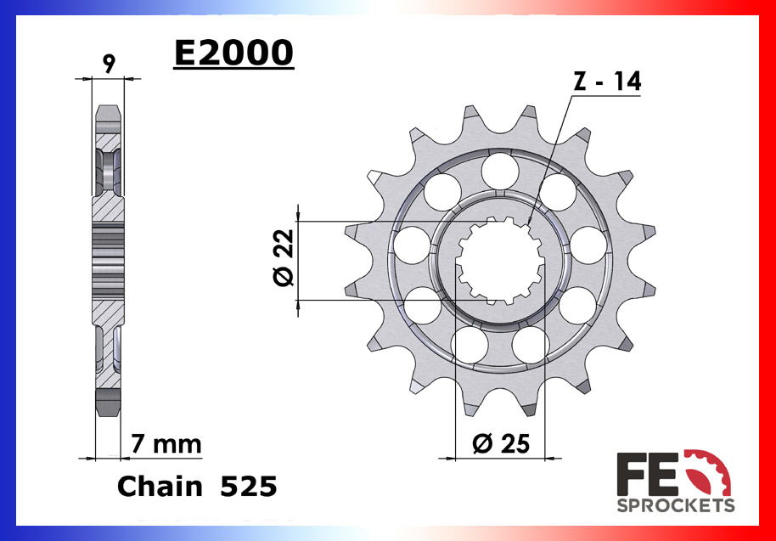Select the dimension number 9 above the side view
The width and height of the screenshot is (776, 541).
(x=109, y=63)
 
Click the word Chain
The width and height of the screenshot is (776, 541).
(x=159, y=487)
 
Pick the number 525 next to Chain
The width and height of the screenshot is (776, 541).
(x=248, y=487)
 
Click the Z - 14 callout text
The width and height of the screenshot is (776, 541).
(x=607, y=82)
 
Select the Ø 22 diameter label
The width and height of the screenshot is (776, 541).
(x=284, y=258)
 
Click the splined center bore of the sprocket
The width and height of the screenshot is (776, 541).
(x=498, y=260)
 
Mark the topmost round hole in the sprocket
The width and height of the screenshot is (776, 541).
(x=499, y=170)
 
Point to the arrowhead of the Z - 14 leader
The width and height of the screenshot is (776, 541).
(x=528, y=222)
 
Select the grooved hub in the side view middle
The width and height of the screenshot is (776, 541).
(x=108, y=260)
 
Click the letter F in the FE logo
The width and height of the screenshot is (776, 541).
(x=635, y=474)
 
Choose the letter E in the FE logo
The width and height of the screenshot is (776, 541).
(x=671, y=474)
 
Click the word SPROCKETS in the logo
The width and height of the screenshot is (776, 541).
(x=675, y=505)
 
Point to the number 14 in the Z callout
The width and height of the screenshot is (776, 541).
(x=627, y=82)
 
